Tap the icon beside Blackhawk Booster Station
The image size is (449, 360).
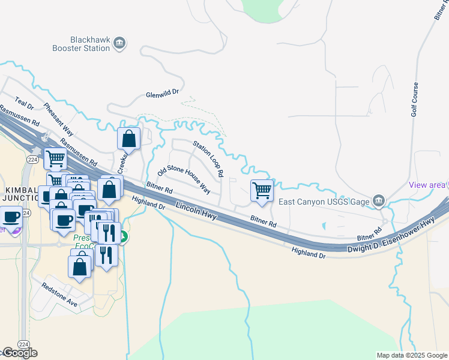pyautogui.click(x=119, y=42)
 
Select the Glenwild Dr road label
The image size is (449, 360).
pyautogui.click(x=163, y=94)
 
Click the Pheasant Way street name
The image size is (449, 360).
pyautogui.click(x=58, y=119)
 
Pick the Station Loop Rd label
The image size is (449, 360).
pyautogui.click(x=208, y=159)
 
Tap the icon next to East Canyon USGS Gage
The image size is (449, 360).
pyautogui.click(x=378, y=200)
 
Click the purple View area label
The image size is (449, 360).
pyautogui.click(x=427, y=185)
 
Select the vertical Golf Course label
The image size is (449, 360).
pyautogui.click(x=414, y=99)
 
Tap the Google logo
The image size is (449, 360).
pyautogui.click(x=19, y=353)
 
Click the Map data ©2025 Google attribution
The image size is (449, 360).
pyautogui.click(x=412, y=355)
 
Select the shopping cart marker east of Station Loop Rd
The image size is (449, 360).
pyautogui.click(x=262, y=191)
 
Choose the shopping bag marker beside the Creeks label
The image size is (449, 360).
pyautogui.click(x=129, y=139)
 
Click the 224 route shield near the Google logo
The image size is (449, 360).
pyautogui.click(x=23, y=344)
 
